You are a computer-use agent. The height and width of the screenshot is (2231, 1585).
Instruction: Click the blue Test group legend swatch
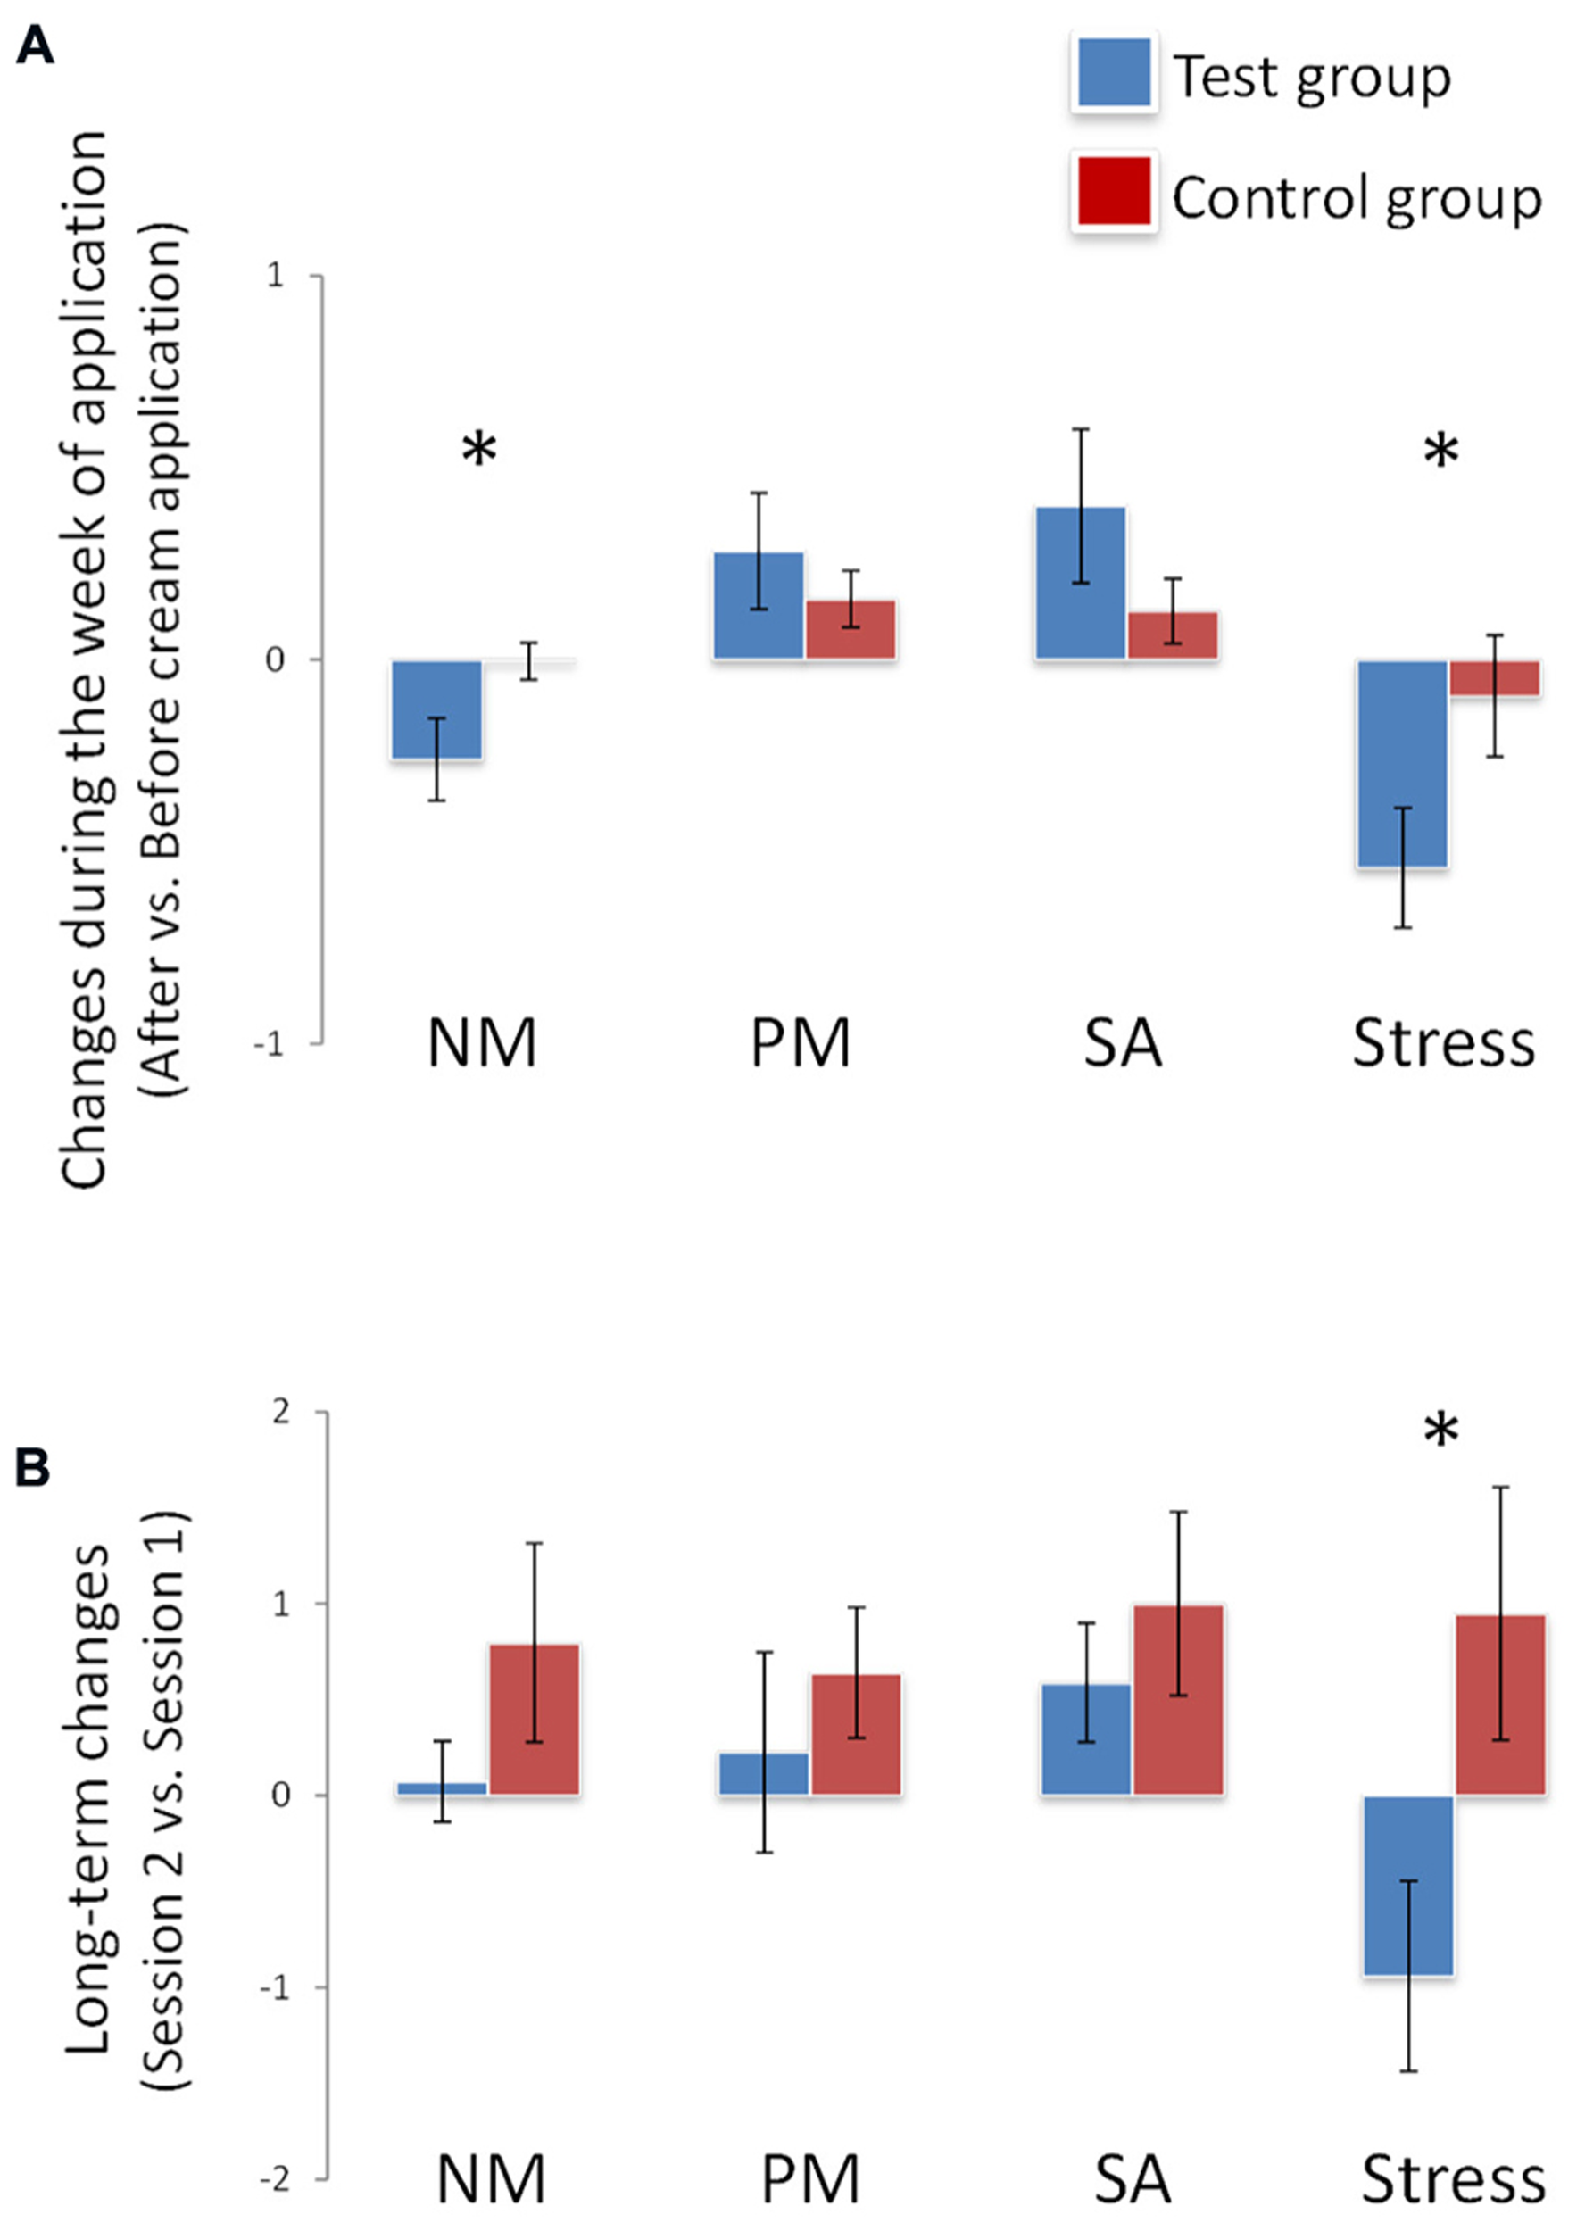click(x=1114, y=72)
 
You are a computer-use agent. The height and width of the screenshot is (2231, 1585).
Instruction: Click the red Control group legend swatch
click(x=1114, y=191)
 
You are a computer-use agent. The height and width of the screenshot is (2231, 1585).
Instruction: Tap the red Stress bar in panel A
click(x=1494, y=677)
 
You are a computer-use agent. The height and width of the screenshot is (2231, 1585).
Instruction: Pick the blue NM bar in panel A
click(x=437, y=709)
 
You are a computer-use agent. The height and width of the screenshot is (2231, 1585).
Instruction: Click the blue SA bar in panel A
click(x=1081, y=584)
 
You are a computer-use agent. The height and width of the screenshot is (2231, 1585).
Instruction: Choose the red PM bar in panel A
click(x=851, y=629)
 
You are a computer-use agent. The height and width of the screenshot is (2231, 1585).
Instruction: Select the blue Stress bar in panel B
click(x=1408, y=1885)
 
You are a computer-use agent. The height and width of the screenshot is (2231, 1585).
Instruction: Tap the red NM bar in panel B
click(x=535, y=1719)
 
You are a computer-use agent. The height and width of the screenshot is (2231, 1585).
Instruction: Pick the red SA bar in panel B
click(x=1178, y=1699)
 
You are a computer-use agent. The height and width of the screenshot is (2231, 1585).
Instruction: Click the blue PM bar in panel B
click(x=764, y=1773)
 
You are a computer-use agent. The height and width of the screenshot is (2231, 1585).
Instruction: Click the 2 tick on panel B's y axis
click(x=281, y=1412)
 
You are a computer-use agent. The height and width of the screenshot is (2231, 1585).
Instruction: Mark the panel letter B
click(x=32, y=1467)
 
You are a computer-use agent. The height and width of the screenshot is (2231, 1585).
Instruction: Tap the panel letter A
click(x=34, y=45)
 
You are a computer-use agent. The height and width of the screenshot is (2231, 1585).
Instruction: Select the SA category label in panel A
click(x=1123, y=1043)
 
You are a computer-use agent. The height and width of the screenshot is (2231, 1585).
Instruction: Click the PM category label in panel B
click(x=810, y=2179)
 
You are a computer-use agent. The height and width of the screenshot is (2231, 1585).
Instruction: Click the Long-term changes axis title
click(x=87, y=1796)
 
